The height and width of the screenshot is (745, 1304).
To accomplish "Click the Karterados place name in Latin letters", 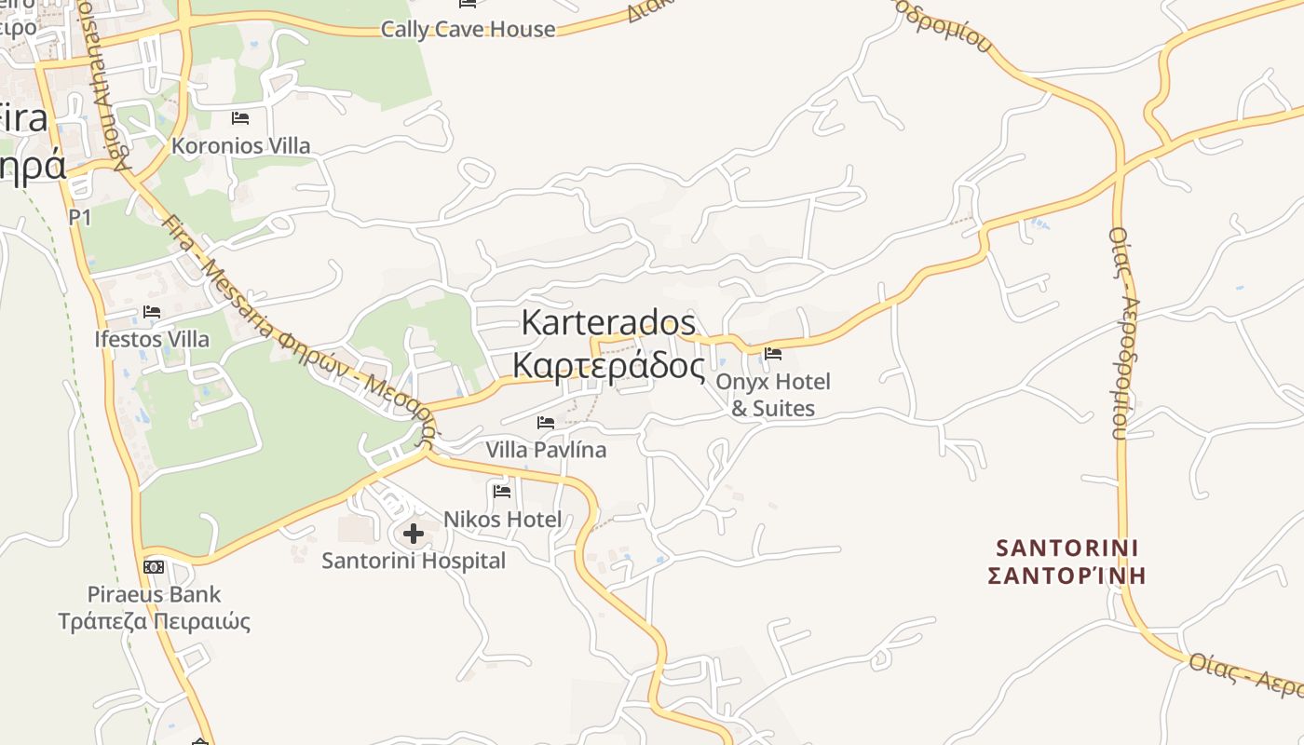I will click(x=608, y=322).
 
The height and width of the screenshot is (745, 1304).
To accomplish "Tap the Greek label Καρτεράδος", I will click(x=608, y=366).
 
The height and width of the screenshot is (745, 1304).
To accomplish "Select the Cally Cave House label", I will click(x=468, y=29).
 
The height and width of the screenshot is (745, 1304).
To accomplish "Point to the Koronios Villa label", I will click(x=240, y=146).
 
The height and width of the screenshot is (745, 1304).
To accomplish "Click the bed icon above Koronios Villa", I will click(x=240, y=118).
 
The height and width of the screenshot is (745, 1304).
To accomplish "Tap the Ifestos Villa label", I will click(x=152, y=339).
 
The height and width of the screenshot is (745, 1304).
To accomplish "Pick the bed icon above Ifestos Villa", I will click(x=152, y=312).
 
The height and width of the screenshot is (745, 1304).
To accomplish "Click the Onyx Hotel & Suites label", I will click(x=772, y=395).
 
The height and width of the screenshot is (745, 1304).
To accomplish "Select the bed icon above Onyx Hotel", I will click(x=772, y=354).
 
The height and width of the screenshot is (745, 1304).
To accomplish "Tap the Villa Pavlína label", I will click(x=546, y=450).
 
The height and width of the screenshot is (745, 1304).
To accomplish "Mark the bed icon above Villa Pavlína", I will click(x=546, y=423).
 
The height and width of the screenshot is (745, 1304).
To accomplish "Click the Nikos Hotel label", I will click(x=502, y=519).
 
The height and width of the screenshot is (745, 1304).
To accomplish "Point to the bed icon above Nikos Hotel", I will click(x=502, y=491).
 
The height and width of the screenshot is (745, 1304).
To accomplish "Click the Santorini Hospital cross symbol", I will click(x=414, y=534).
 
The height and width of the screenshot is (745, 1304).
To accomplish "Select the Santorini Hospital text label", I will click(x=414, y=561).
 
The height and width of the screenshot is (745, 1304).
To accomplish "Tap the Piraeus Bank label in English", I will click(x=154, y=594).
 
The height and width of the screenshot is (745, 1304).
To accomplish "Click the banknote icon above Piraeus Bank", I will click(x=154, y=566).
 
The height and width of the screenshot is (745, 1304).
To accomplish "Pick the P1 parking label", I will click(x=80, y=217).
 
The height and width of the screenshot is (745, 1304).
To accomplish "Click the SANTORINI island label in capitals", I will click(x=1067, y=548).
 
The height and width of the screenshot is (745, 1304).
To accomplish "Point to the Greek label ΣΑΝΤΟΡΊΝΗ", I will click(x=1067, y=576).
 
